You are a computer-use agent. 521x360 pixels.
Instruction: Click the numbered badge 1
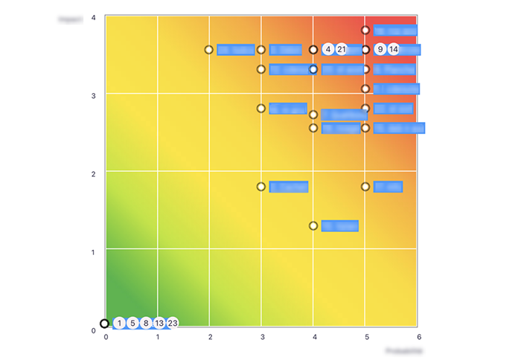pyautogui.click(x=120, y=323)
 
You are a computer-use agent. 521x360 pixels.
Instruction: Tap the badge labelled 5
pyautogui.click(x=132, y=323)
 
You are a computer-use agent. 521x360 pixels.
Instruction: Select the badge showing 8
pyautogui.click(x=146, y=323)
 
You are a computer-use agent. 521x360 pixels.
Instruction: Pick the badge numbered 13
pyautogui.click(x=159, y=323)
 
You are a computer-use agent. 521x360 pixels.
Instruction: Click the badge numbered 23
pyautogui.click(x=173, y=323)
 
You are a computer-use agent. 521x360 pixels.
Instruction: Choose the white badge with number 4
pyautogui.click(x=328, y=50)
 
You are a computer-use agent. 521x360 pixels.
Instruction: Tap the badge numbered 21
pyautogui.click(x=342, y=50)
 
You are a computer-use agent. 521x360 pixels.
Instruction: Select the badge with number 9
pyautogui.click(x=380, y=50)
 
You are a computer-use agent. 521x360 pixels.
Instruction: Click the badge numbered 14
pyautogui.click(x=394, y=50)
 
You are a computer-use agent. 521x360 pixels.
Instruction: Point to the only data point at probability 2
pyautogui.click(x=209, y=50)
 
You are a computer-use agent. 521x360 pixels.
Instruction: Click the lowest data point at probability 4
pyautogui.click(x=313, y=225)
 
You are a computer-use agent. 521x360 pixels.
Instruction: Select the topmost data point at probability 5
pyautogui.click(x=365, y=30)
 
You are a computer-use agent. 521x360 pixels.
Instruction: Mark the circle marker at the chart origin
pyautogui.click(x=105, y=324)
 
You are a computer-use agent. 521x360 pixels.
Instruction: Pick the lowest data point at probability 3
pyautogui.click(x=261, y=187)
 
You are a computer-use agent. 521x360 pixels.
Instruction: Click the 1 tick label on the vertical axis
pyautogui.click(x=93, y=252)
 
